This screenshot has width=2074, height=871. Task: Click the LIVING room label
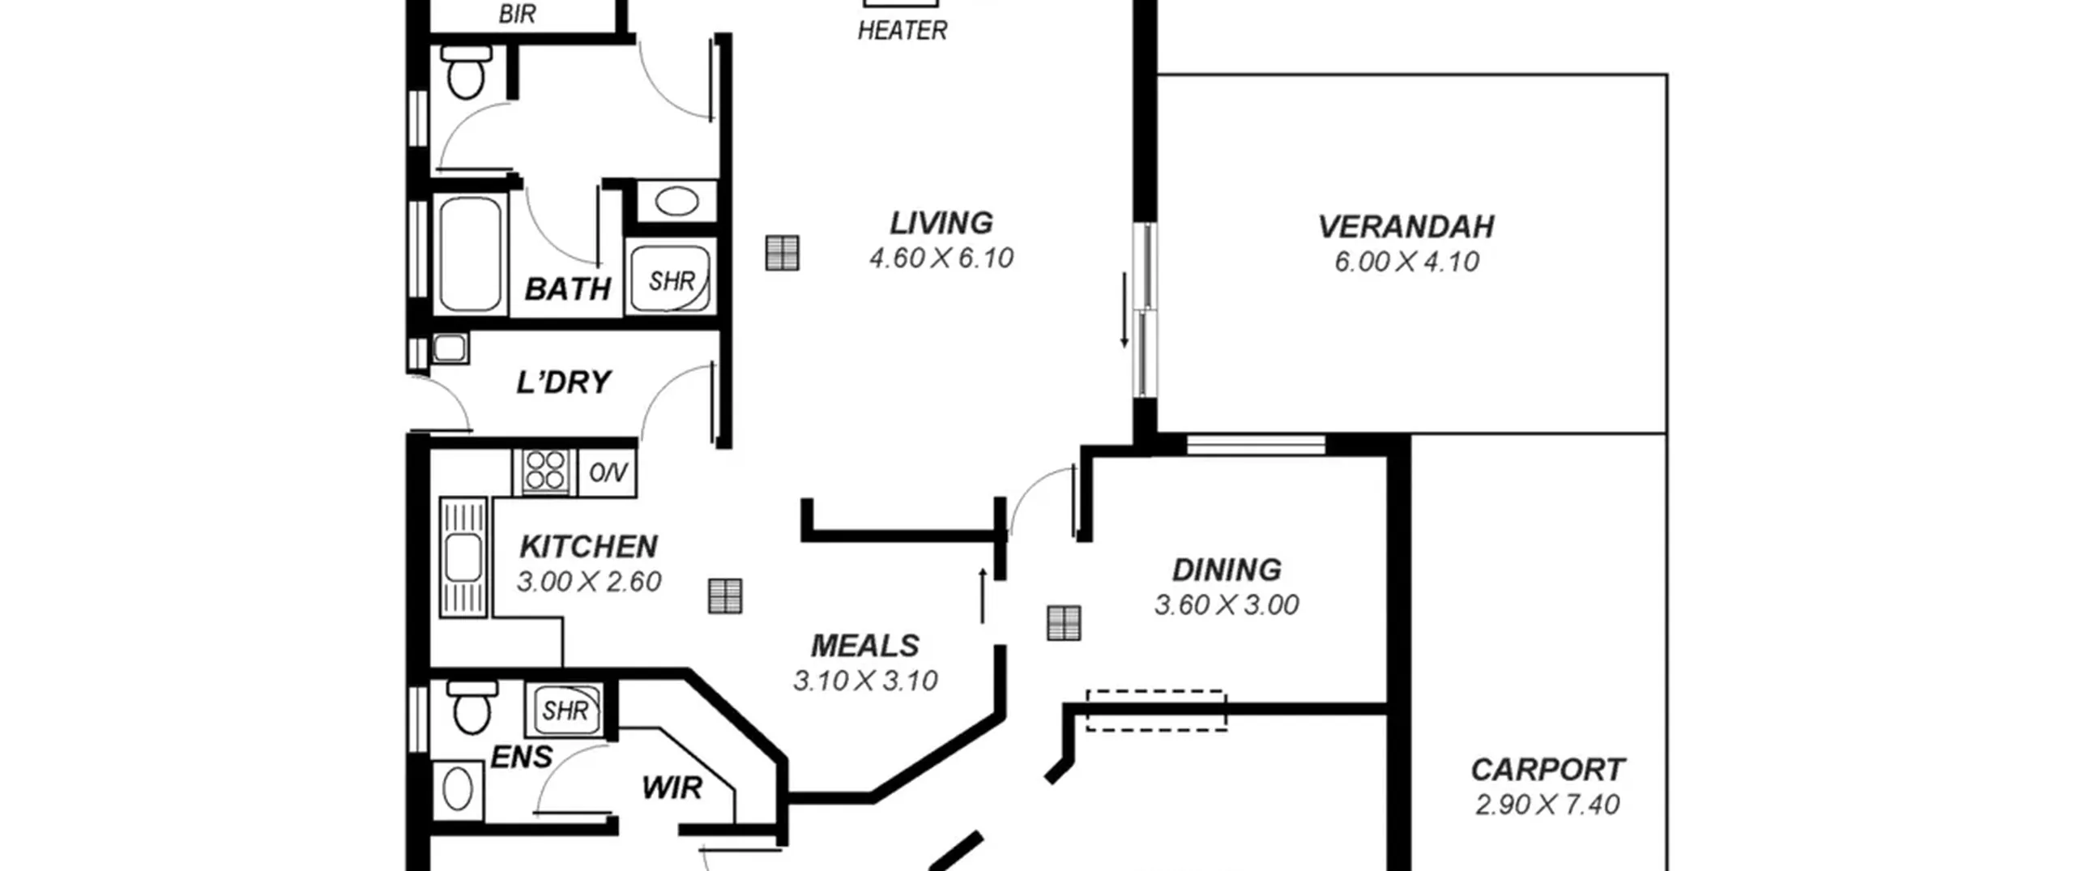tap(941, 223)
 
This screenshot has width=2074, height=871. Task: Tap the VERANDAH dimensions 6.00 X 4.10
tap(1406, 262)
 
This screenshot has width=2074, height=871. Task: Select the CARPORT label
tap(1547, 769)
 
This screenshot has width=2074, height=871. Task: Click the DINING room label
tap(1227, 570)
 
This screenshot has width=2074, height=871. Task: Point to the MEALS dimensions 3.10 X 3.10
tap(865, 681)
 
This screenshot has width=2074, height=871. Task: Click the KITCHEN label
tap(588, 547)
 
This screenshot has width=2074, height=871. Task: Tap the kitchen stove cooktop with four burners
tap(544, 471)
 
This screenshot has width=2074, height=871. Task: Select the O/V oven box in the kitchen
tap(608, 472)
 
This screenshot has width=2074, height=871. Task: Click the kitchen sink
tap(463, 557)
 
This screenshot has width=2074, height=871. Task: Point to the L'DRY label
tap(564, 382)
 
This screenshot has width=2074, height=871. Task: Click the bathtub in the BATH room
tap(469, 254)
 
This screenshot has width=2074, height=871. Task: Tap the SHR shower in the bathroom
tap(671, 280)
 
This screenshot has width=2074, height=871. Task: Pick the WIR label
tap(672, 788)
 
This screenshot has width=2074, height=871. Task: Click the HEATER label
tap(903, 31)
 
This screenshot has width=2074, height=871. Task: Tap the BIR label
tap(517, 14)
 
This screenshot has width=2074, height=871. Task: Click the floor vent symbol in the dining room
tap(1064, 623)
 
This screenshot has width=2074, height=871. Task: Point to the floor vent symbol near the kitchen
tap(725, 596)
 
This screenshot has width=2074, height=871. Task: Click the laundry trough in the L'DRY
tap(450, 348)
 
